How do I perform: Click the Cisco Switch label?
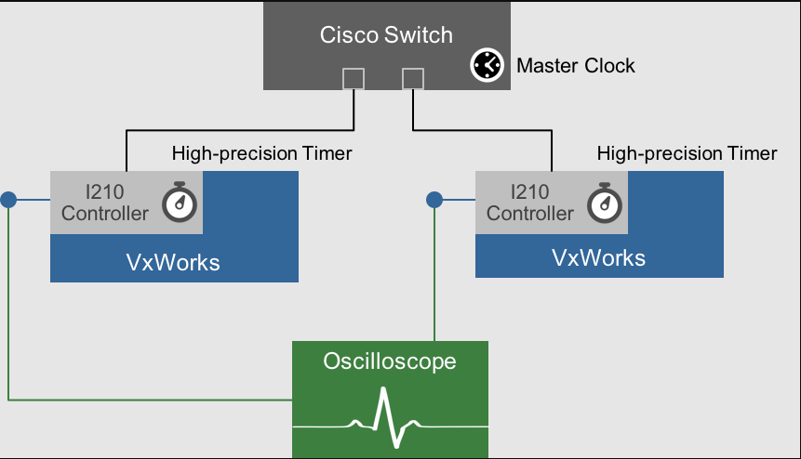click(386, 35)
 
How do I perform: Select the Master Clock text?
click(575, 66)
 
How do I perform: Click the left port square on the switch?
click(354, 78)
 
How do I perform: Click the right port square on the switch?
click(413, 78)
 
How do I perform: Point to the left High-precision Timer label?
click(261, 152)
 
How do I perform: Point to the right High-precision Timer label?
click(687, 152)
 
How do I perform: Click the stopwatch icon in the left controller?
click(180, 203)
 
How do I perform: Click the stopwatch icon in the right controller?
click(605, 203)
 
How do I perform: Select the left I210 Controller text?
click(105, 203)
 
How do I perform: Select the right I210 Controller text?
click(530, 203)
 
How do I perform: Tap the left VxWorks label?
click(173, 262)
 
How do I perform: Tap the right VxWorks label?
click(598, 257)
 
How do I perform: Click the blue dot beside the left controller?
click(8, 199)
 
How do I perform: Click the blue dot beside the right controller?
click(434, 199)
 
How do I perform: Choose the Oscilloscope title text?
click(390, 360)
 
